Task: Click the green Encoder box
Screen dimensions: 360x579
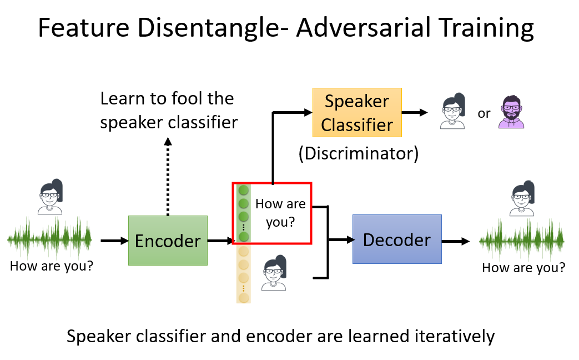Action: pos(168,240)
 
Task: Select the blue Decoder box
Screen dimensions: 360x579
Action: pos(397,239)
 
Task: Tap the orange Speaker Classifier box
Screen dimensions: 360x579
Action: pos(356,113)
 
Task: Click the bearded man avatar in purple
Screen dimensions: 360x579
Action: pos(511,113)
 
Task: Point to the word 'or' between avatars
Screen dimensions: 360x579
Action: pos(484,113)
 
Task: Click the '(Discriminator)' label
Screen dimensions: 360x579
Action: pos(358,153)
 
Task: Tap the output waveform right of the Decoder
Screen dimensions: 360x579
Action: pos(522,241)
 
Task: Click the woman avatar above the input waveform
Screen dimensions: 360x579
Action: pos(51,197)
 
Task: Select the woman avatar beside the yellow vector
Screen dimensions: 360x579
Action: pos(273,273)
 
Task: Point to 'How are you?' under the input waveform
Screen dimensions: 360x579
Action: pos(51,266)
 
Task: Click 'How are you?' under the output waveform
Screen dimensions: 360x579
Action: pos(523,268)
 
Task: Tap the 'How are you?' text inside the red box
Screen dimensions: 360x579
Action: pos(280,213)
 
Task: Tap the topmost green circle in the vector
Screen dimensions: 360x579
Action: pos(243,191)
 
